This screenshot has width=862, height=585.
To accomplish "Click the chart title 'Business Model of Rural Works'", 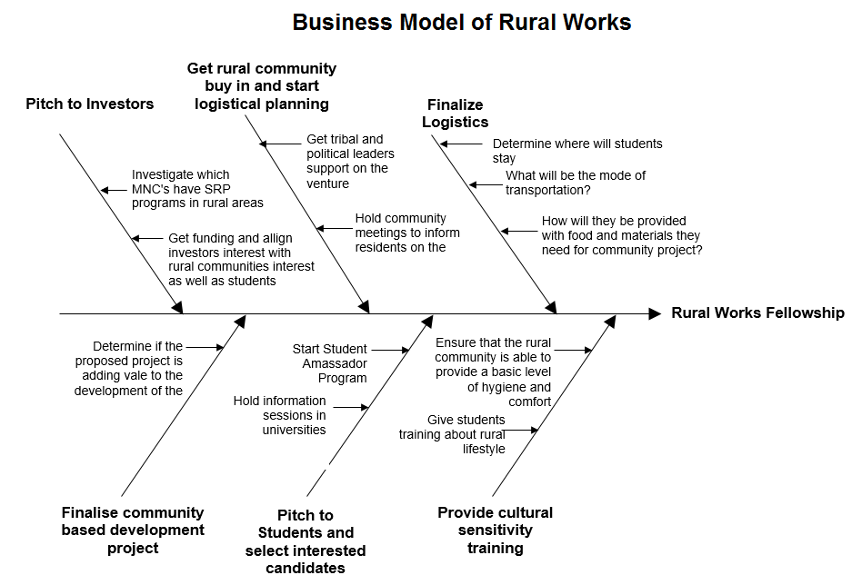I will click(x=461, y=23).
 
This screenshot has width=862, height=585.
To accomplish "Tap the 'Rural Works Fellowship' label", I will click(x=757, y=313).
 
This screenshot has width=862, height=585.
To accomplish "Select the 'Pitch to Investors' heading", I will click(x=89, y=104).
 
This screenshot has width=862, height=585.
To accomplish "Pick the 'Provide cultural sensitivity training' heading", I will click(x=495, y=530).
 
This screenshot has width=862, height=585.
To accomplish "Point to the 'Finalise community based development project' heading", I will click(x=133, y=530).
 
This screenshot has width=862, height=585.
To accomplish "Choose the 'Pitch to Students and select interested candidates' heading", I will click(x=306, y=541).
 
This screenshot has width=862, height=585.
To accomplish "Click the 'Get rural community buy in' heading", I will click(x=262, y=85).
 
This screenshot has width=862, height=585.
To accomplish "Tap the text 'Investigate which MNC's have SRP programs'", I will click(x=197, y=189).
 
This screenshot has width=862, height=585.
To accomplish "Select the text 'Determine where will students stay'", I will click(x=577, y=151).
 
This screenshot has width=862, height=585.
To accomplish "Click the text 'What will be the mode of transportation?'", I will click(x=576, y=183).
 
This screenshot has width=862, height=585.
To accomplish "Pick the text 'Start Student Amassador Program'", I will click(x=329, y=363).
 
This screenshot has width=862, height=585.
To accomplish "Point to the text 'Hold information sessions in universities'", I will click(x=280, y=415).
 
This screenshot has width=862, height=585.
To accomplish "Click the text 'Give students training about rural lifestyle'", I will click(x=452, y=434).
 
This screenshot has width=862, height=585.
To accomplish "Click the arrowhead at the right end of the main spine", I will click(x=655, y=313).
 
